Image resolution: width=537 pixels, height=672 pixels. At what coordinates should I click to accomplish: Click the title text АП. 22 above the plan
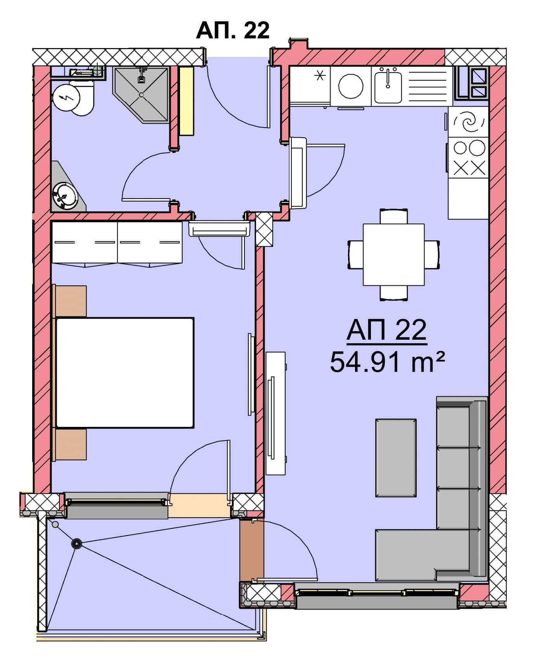[232, 30]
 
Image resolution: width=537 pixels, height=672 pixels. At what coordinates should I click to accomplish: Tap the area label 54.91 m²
[387, 362]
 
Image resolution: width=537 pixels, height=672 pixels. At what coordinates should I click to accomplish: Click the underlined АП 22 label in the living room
[387, 330]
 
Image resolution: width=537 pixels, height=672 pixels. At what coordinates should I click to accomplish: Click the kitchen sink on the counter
[388, 85]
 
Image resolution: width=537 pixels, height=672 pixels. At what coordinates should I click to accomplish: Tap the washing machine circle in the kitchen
[351, 86]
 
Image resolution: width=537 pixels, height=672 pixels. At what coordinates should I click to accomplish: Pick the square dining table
[393, 254]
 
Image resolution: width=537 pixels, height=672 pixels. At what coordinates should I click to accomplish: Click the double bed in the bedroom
[125, 373]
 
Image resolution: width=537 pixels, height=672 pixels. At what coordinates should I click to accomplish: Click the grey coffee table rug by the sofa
[396, 458]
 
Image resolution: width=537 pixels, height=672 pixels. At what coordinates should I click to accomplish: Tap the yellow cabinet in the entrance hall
[186, 101]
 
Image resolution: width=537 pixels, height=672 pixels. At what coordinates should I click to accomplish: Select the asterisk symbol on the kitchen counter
[320, 76]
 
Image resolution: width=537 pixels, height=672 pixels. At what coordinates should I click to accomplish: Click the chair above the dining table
[394, 216]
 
